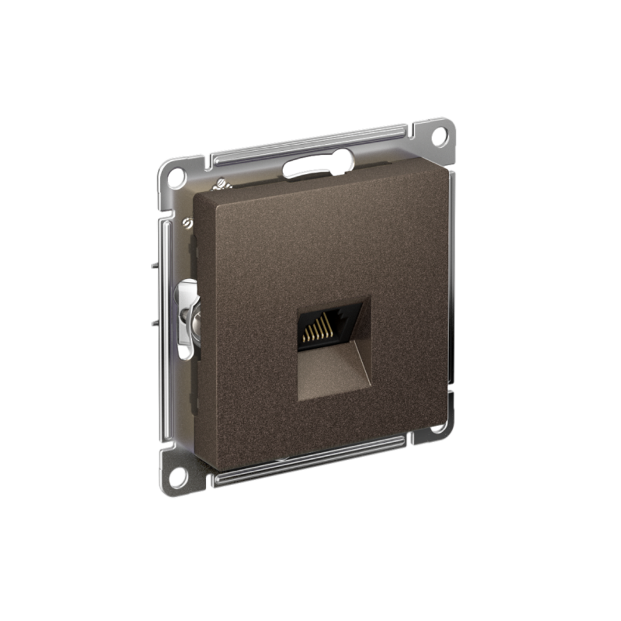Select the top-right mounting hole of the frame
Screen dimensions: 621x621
click(440, 136)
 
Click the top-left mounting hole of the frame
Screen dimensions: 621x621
click(175, 176)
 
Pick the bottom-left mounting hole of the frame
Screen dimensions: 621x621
click(177, 477)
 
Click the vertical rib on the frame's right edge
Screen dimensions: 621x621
click(451, 279)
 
